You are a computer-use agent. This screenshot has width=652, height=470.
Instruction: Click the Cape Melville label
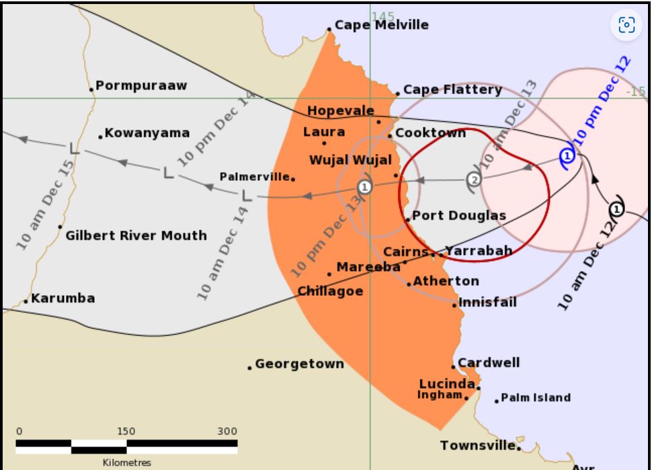tap(381, 25)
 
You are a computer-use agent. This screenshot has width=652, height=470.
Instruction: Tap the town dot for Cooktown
tap(390, 136)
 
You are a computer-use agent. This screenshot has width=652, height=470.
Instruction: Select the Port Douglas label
tap(458, 216)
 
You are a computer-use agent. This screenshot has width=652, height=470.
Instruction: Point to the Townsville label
tap(479, 445)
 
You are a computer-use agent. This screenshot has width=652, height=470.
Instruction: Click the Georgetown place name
tap(299, 364)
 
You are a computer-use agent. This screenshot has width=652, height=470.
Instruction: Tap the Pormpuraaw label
tap(141, 85)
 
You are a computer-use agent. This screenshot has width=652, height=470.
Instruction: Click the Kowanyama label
tap(147, 133)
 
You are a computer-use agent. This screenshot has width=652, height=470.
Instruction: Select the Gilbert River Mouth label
tap(136, 235)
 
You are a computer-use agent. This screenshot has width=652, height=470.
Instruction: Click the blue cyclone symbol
tap(567, 156)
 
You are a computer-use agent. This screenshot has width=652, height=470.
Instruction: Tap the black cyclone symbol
tap(616, 209)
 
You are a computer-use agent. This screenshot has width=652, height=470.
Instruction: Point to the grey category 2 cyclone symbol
tap(475, 179)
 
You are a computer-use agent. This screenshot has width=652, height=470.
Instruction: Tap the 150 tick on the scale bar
tap(126, 431)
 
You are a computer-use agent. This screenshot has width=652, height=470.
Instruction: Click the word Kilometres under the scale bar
tap(127, 463)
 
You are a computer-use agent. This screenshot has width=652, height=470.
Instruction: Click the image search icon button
tap(626, 26)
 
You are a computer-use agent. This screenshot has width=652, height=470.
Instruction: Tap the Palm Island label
tap(536, 397)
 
